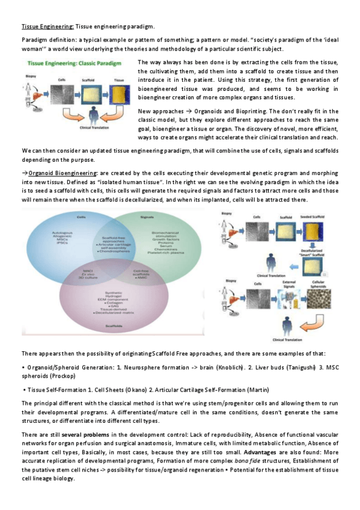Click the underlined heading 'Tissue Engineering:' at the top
point(40,27)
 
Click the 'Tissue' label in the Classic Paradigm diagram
point(118,78)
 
